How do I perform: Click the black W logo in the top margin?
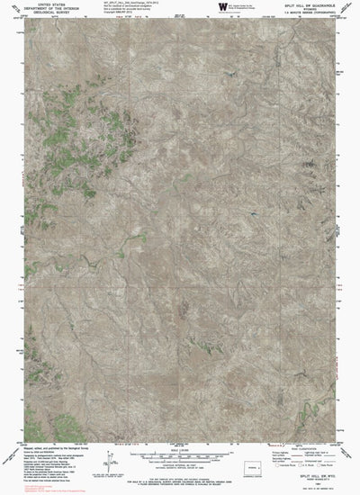220,7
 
